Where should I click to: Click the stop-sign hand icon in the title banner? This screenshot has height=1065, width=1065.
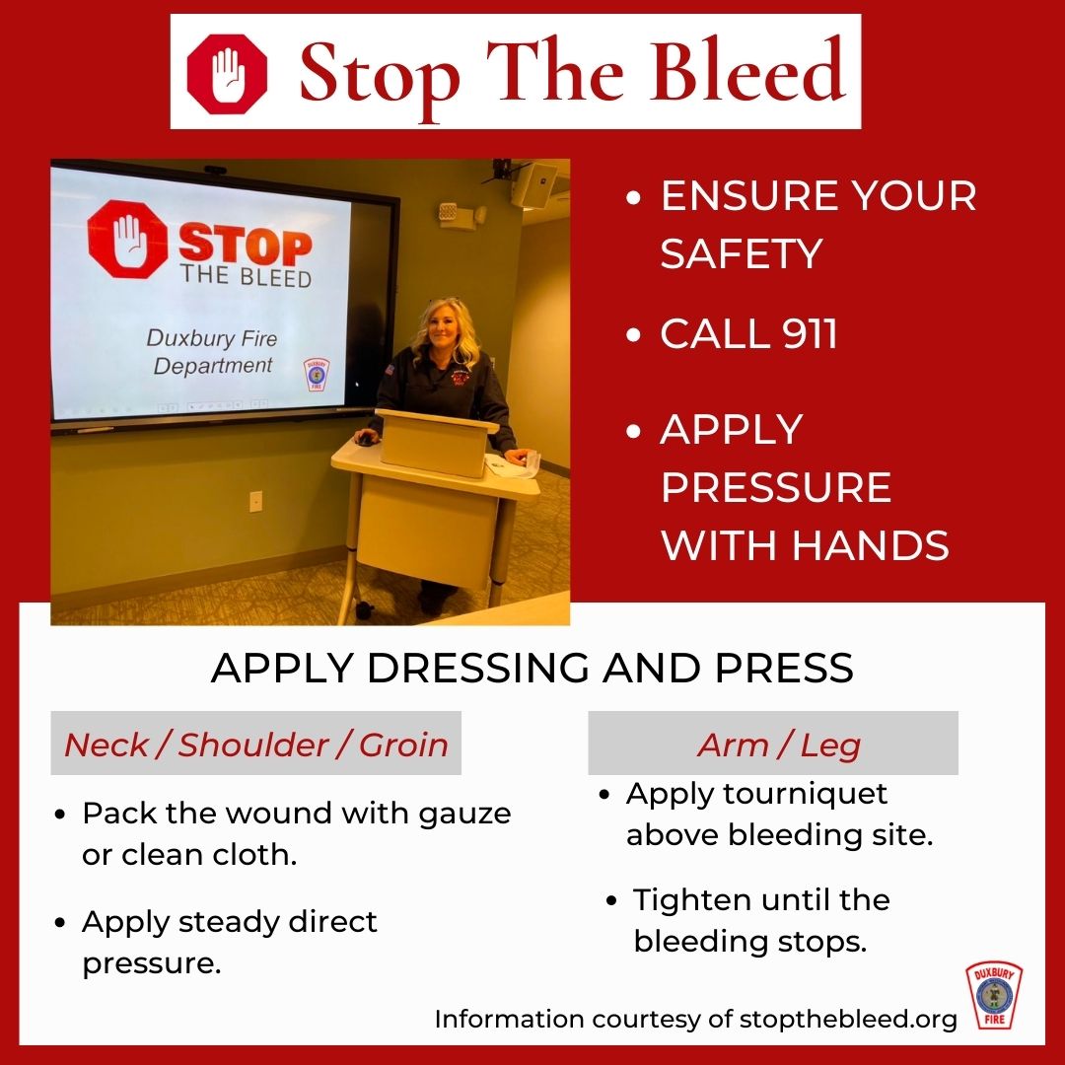(x=228, y=74)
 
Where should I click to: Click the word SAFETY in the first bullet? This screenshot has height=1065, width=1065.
(x=741, y=254)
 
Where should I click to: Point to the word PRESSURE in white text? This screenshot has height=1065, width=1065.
(x=775, y=487)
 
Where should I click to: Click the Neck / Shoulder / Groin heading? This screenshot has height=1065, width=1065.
(x=255, y=745)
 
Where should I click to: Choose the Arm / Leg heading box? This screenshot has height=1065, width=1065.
(x=773, y=745)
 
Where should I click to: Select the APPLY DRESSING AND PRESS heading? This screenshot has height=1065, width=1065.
(x=532, y=669)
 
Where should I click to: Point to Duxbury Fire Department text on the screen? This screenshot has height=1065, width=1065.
(x=211, y=352)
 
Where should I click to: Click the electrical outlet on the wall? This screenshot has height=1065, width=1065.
(x=255, y=501)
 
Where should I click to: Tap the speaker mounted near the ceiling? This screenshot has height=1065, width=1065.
(x=533, y=184)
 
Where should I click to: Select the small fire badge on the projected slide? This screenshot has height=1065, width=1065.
(x=317, y=376)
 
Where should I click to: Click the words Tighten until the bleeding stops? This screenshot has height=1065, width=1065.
(x=760, y=920)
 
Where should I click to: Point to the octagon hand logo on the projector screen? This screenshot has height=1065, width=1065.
(x=128, y=239)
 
